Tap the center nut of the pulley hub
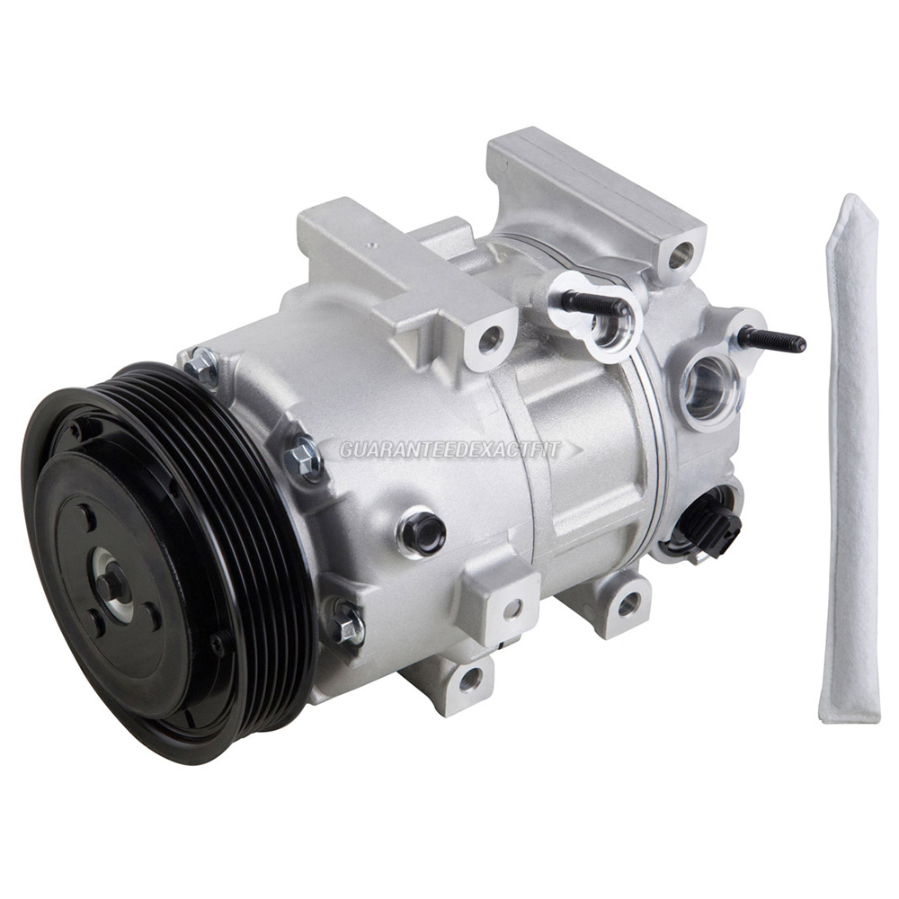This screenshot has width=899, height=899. pos(112,586)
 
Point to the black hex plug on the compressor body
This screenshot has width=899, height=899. pos(421,531)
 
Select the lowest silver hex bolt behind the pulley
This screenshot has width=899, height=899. pos(346,623)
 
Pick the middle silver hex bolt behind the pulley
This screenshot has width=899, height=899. pos(304,458)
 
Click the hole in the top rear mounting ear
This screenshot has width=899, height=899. pos(681,254)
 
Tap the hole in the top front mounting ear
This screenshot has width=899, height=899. pos(489,340)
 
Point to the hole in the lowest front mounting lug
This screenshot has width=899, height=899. pos(469,681)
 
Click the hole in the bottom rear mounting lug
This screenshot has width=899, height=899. pos(628,604)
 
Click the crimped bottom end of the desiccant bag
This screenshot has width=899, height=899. pos(849,710)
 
